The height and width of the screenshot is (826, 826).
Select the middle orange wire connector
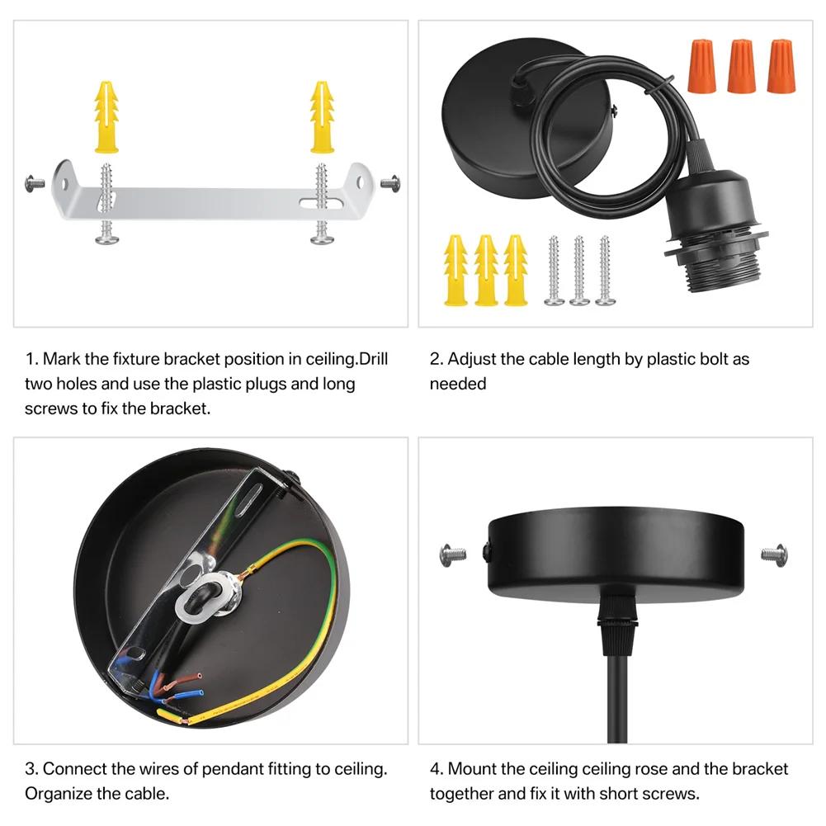point(740,66)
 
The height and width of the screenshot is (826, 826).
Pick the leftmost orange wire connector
point(700,66)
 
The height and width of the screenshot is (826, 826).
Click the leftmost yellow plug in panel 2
point(455,270)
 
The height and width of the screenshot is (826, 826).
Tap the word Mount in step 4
point(473,769)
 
